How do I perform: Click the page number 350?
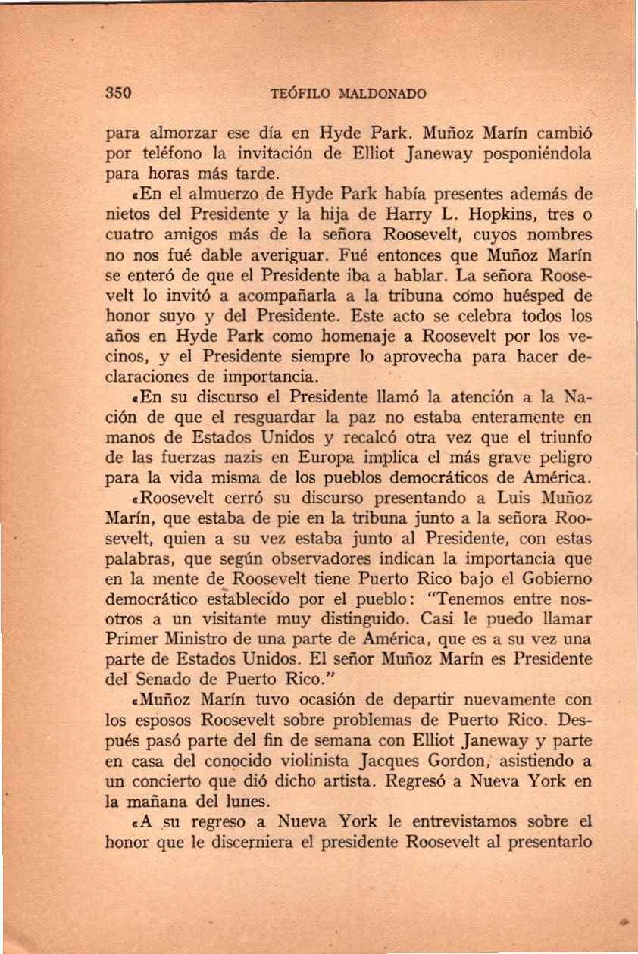[x=119, y=94]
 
